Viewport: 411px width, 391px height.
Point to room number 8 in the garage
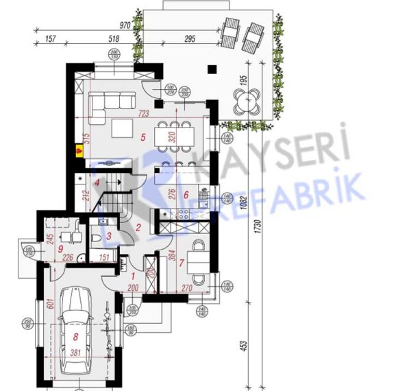tap(76, 337)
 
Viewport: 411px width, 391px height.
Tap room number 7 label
tap(182, 262)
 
